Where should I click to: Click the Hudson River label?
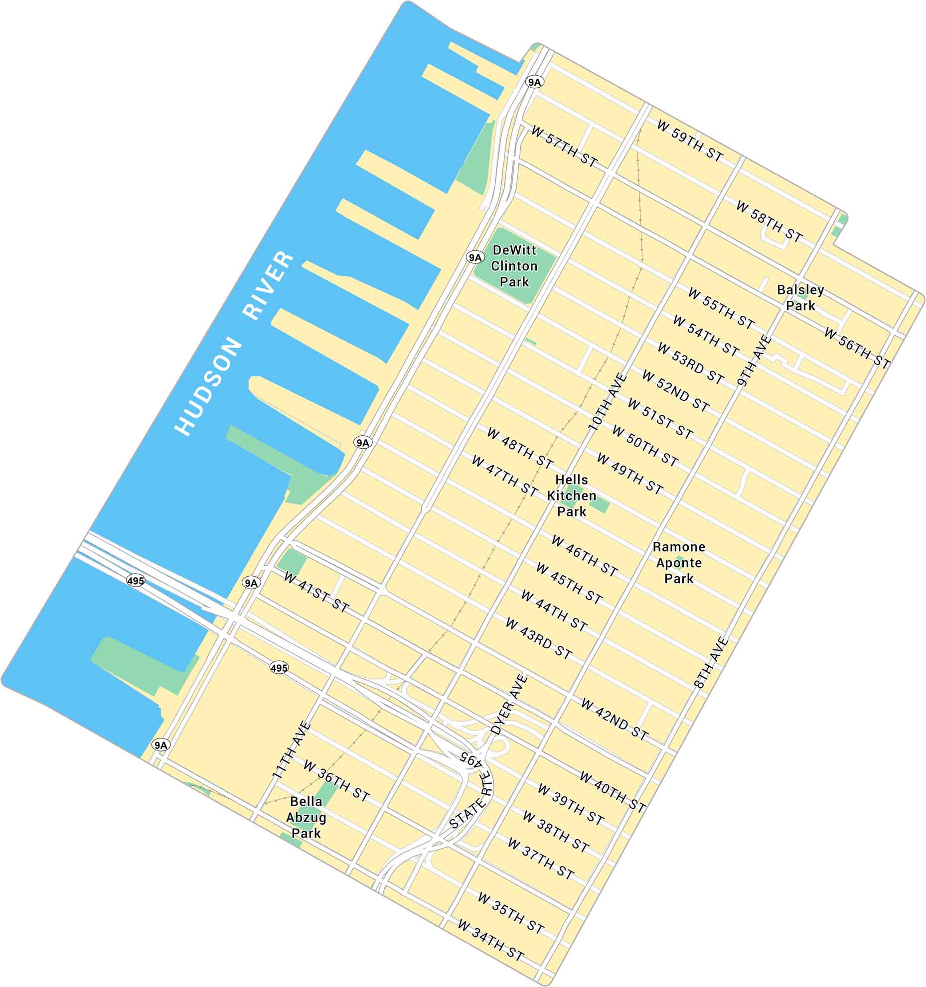[x=234, y=344]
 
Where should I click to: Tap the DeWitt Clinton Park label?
[x=514, y=266]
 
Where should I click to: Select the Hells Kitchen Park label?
[x=572, y=495]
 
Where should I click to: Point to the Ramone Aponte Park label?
[x=679, y=563]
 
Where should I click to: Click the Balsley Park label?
[x=800, y=298]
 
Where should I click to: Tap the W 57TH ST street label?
[x=564, y=146]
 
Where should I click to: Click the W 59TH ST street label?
[x=690, y=141]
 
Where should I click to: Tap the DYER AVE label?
[x=509, y=704]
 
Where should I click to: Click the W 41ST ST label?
[x=316, y=592]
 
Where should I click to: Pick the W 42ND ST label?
[x=615, y=719]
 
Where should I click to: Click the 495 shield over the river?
[x=136, y=581]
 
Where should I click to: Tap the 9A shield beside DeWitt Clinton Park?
[x=475, y=257]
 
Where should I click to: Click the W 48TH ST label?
[x=520, y=448]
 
